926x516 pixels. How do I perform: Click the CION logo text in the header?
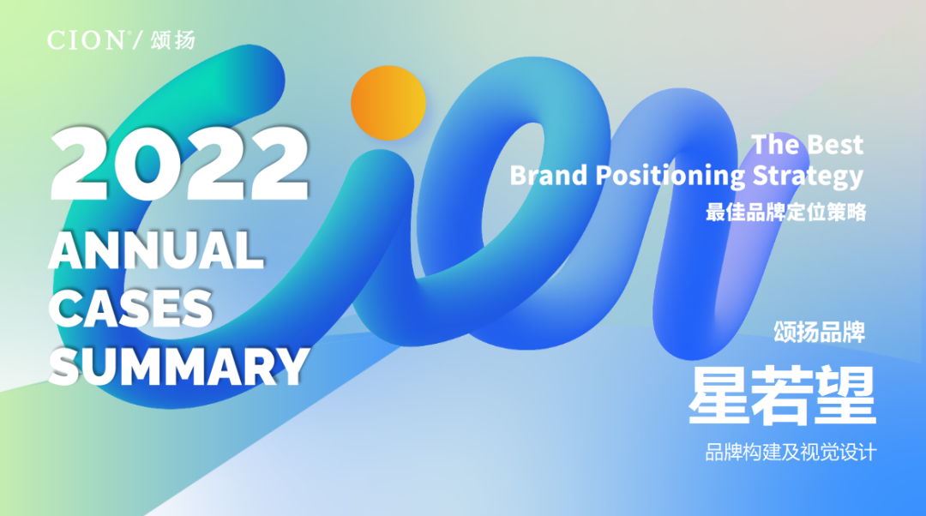point(86,40)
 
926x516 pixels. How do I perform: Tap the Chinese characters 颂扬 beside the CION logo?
point(172,40)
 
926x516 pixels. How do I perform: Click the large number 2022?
point(179,164)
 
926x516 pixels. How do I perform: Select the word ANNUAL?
point(156,249)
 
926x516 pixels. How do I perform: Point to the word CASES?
point(131,309)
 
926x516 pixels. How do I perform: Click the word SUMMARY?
point(179,366)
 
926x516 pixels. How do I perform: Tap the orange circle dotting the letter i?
point(388,103)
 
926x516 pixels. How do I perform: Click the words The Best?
point(808,145)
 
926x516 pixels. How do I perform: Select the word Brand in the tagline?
point(549,176)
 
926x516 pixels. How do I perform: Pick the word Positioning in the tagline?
point(670,177)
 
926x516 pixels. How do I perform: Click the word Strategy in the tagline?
point(808,177)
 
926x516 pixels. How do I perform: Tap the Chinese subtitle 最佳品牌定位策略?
point(786,212)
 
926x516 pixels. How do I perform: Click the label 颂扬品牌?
point(820,332)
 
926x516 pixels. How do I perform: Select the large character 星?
point(719,395)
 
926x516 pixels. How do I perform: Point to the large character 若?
point(781,395)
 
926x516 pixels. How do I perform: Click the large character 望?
point(845,395)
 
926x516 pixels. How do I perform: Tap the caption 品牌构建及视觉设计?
point(791,453)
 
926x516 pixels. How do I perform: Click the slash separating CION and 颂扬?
point(137,40)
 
